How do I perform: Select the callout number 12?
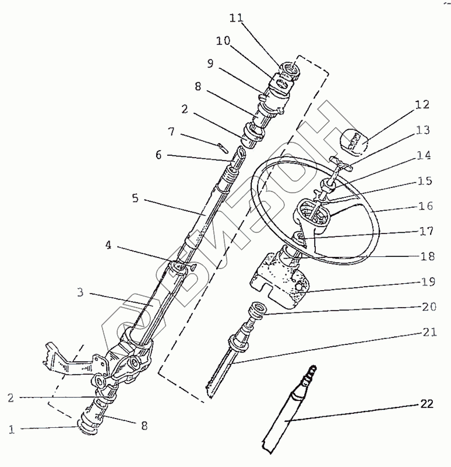point(421,105)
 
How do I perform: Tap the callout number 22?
point(427,403)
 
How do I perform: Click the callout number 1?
point(11,430)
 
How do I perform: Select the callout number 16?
point(426,206)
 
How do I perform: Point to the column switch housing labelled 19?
point(277,280)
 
